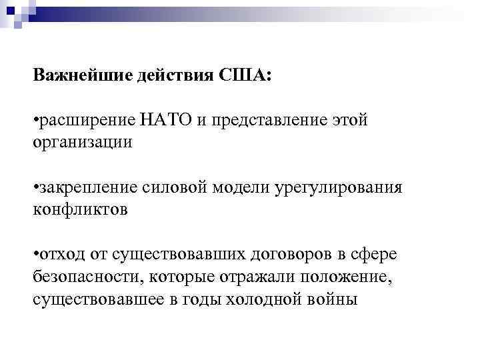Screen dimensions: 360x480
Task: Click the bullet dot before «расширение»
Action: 35,121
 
